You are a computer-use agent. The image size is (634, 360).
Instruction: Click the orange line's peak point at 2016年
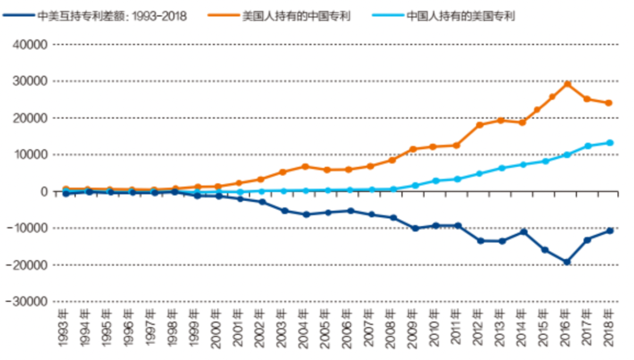(567, 84)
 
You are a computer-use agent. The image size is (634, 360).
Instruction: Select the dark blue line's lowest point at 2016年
(567, 262)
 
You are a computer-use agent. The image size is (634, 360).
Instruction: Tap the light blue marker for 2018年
(610, 143)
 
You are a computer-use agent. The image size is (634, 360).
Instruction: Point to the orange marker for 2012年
(480, 125)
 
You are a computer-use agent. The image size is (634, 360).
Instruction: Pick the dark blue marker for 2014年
(523, 232)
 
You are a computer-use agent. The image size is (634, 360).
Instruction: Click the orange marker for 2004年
(305, 167)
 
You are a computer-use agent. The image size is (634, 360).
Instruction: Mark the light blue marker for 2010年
(436, 181)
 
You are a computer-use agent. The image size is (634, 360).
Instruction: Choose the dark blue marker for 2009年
(414, 228)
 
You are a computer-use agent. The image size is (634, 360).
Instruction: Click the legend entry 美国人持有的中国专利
(296, 16)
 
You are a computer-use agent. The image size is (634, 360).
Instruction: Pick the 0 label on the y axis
(44, 191)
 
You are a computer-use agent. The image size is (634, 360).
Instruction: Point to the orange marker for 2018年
(609, 103)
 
